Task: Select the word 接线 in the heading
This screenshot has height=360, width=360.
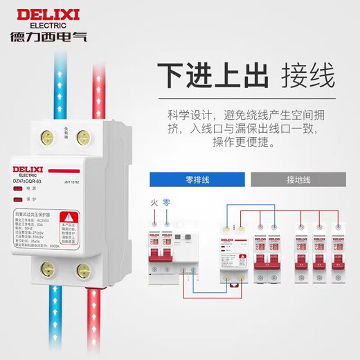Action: tap(303, 74)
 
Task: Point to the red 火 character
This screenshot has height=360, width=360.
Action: tap(154, 204)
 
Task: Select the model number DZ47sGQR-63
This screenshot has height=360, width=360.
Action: tap(34, 181)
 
